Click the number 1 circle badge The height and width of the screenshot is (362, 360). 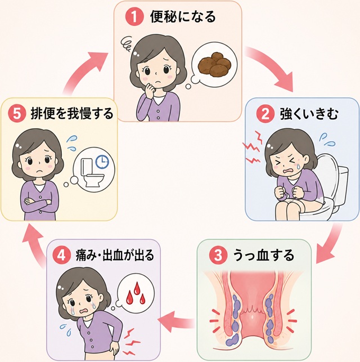tap(134, 17)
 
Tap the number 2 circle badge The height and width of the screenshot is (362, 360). tap(265, 114)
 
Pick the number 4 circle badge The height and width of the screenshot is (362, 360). tap(61, 256)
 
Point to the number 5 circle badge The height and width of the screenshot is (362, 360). tap(17, 114)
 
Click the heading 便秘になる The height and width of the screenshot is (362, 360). tap(183, 17)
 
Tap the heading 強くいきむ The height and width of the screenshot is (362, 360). tap(309, 114)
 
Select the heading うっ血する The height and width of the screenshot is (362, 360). tap(264, 256)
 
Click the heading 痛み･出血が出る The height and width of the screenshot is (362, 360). tap(115, 256)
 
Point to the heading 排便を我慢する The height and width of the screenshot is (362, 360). tap(72, 114)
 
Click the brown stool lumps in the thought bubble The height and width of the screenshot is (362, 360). tap(215, 64)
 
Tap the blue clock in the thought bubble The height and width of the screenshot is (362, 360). tap(102, 162)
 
